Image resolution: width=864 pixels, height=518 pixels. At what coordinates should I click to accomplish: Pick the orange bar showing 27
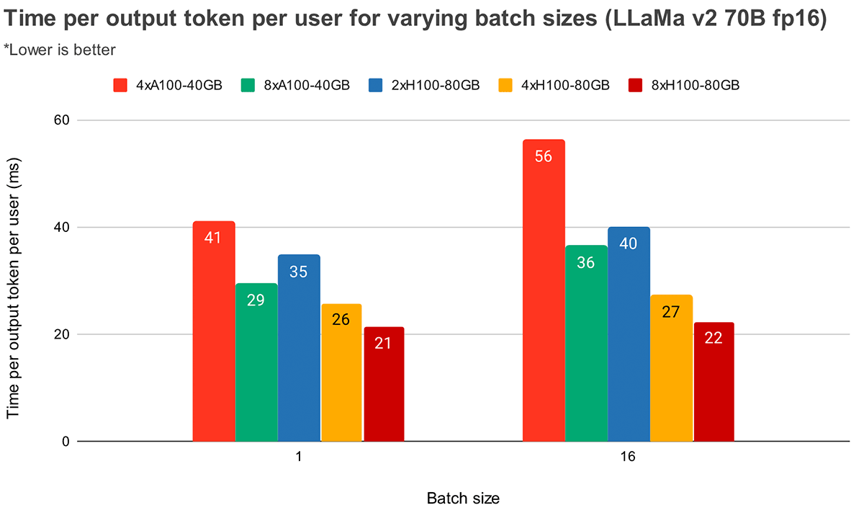(x=671, y=368)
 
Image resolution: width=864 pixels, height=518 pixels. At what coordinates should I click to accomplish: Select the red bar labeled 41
(x=214, y=331)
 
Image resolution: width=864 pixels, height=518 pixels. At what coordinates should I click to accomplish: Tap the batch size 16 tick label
(x=628, y=458)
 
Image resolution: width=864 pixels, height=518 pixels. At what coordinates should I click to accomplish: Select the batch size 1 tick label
(x=299, y=458)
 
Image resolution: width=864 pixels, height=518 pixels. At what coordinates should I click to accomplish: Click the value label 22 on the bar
(x=714, y=338)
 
